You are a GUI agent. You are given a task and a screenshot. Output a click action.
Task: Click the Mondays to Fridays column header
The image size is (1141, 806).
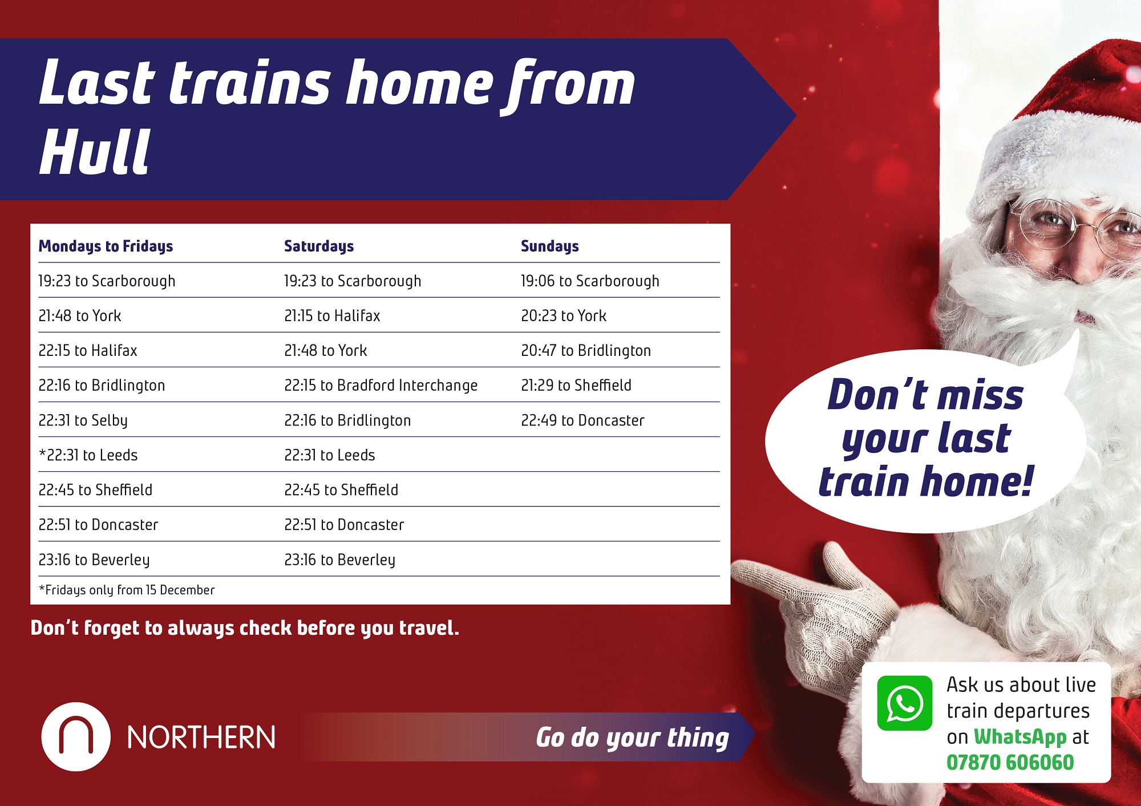click(x=106, y=246)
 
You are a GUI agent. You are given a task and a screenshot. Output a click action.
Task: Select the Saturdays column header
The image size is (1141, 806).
click(x=319, y=246)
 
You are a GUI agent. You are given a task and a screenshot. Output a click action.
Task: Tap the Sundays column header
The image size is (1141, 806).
click(x=550, y=246)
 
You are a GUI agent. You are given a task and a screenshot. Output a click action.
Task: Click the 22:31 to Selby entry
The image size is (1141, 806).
click(x=83, y=420)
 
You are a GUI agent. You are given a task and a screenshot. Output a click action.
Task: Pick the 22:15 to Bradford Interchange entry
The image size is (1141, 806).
click(x=381, y=386)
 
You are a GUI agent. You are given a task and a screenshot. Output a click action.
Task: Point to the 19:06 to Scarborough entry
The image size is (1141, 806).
click(x=590, y=281)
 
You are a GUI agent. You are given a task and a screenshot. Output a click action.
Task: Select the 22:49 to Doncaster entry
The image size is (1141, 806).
click(x=582, y=420)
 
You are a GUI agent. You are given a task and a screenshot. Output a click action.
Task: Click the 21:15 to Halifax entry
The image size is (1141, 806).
click(x=332, y=316)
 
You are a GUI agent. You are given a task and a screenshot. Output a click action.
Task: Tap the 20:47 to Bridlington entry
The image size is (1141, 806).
click(x=586, y=351)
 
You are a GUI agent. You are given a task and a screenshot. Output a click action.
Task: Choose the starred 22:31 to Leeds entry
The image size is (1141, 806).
click(x=88, y=455)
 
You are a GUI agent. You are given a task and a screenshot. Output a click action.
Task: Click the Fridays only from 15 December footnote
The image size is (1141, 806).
click(x=127, y=590)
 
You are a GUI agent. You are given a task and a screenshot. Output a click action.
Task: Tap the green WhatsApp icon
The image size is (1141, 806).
click(x=905, y=703)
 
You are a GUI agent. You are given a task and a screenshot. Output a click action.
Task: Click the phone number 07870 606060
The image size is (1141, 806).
click(x=1010, y=763)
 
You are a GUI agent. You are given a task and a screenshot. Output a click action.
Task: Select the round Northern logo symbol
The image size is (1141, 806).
click(x=76, y=737)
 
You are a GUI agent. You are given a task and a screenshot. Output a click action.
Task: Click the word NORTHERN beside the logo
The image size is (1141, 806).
click(x=201, y=738)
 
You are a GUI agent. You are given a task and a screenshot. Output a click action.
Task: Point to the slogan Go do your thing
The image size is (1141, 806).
click(x=633, y=738)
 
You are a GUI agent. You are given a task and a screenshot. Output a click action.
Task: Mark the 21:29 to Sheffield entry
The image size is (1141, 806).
click(x=576, y=386)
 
